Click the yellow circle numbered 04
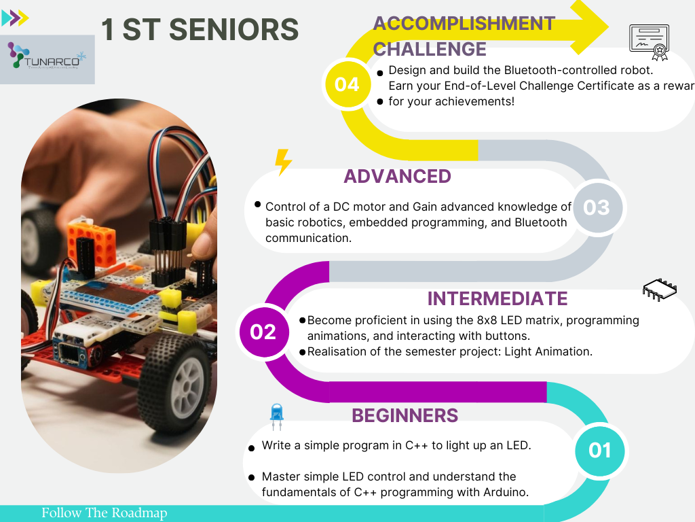(347, 84)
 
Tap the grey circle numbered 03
(597, 207)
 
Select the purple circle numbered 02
(264, 332)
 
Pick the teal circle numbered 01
(599, 451)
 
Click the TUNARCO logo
(48, 60)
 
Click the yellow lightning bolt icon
(283, 162)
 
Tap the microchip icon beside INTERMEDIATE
(660, 290)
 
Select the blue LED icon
(277, 417)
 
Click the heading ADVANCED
(397, 176)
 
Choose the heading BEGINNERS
(405, 415)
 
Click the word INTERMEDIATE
(497, 299)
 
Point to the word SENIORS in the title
(233, 29)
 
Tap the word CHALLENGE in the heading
(430, 49)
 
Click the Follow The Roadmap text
(104, 512)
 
